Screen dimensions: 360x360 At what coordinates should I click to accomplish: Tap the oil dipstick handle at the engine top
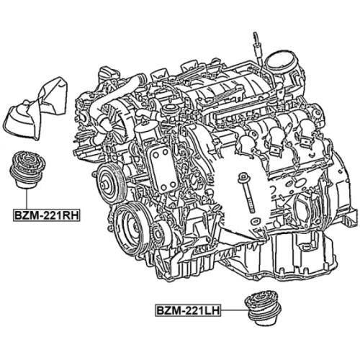click(255, 40)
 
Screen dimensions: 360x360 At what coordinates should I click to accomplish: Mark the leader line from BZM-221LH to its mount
click(231, 311)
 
